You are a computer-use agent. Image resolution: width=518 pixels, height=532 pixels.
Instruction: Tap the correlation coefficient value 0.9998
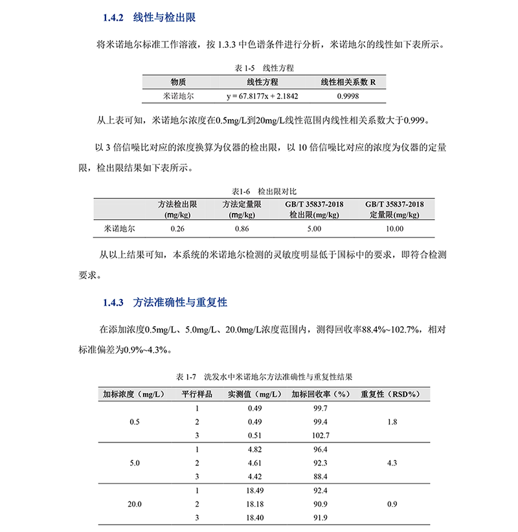348,96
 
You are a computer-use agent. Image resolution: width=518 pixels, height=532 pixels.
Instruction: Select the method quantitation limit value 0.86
241,228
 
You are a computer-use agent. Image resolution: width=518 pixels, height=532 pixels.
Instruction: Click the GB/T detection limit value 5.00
314,228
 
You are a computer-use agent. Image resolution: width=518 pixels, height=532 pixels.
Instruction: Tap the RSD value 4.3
390,463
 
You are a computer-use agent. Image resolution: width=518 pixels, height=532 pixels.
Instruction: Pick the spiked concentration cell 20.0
135,504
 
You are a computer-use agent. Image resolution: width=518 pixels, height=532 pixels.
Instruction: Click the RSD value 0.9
390,504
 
